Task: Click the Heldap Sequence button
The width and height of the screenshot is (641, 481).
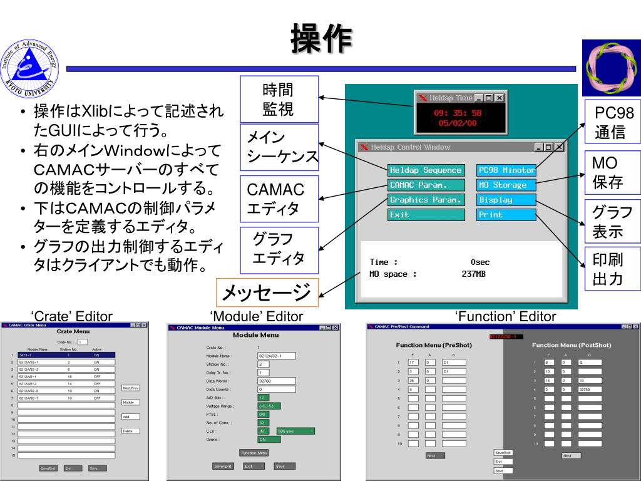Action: pos(426,170)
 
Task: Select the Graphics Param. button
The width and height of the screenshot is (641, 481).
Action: pos(426,200)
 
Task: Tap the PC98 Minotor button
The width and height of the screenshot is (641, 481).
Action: pos(506,170)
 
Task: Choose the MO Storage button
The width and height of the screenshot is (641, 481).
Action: pos(506,185)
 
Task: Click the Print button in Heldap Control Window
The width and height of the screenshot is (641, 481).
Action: pos(506,215)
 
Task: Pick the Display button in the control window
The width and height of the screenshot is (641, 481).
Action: pos(506,200)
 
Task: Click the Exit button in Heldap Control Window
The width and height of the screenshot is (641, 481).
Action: pos(426,215)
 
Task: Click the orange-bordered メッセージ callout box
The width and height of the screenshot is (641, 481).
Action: pos(267,292)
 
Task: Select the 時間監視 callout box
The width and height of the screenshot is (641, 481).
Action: pos(279,100)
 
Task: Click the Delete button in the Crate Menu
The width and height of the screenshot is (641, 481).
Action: pos(130,431)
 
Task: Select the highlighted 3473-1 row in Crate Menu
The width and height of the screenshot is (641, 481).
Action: pos(66,355)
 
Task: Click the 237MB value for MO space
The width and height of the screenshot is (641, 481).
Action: pos(474,274)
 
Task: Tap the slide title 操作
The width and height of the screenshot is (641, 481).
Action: pos(320,39)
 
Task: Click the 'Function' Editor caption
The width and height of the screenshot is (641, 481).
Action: pos(506,317)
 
